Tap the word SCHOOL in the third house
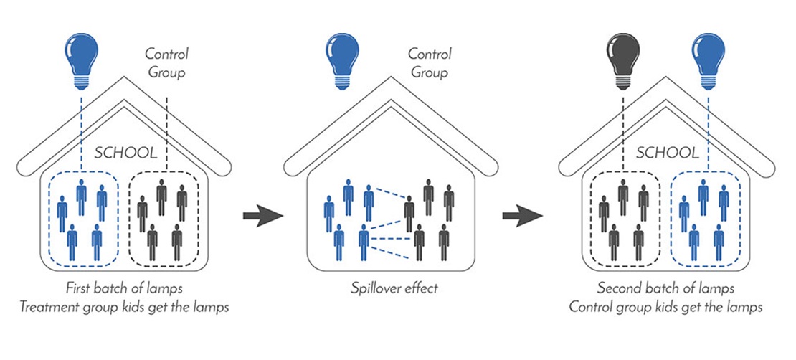(x=666, y=153)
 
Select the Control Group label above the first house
(x=166, y=63)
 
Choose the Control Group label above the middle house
(x=429, y=63)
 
